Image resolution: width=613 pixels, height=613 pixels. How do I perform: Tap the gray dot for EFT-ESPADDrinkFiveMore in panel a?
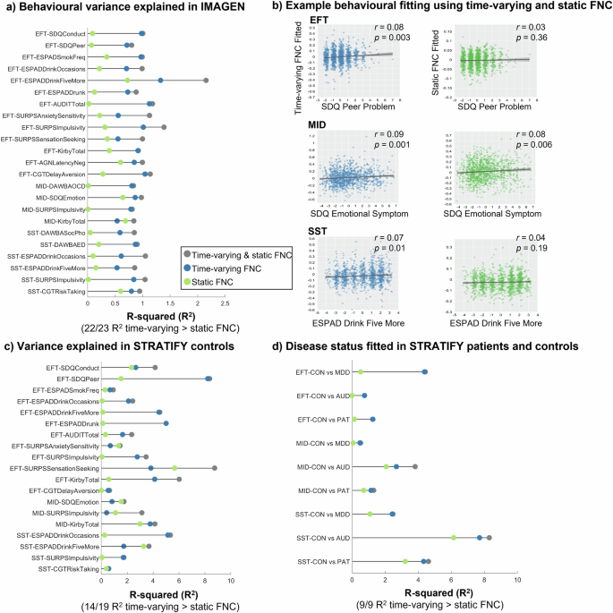[x=206, y=81]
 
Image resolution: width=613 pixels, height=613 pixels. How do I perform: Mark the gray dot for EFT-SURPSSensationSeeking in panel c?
[x=215, y=467]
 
